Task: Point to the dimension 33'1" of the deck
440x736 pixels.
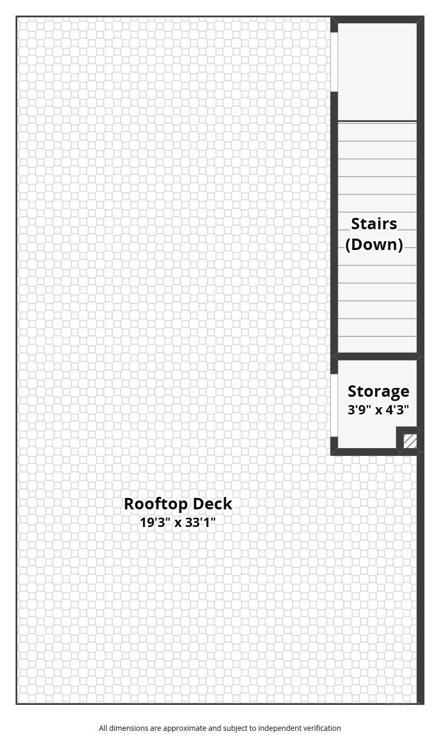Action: [200, 522]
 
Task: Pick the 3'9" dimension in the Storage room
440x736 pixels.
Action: [359, 410]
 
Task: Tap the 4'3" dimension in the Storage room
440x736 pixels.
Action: [397, 410]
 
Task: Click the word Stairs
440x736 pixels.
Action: [374, 224]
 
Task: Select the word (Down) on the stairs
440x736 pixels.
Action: [374, 244]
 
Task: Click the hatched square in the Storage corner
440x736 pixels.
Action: [410, 441]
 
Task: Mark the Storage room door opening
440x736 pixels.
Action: [334, 406]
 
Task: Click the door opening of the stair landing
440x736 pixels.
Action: [334, 62]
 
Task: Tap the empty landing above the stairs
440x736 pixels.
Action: [377, 72]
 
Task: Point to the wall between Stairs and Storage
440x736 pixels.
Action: [377, 356]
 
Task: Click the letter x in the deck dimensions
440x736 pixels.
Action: [178, 523]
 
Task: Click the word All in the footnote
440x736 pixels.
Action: [103, 728]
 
